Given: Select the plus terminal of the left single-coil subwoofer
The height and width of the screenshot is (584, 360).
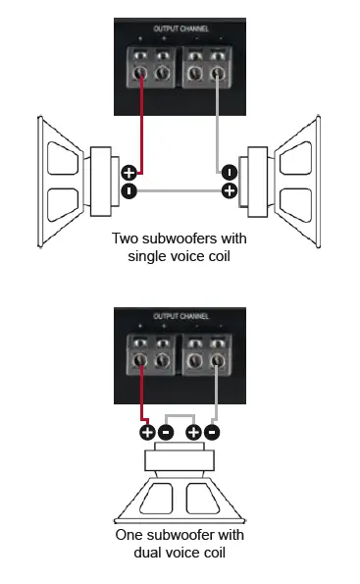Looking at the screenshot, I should point(129,173).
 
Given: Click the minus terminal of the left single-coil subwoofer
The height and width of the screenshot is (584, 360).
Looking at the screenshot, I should point(129,189).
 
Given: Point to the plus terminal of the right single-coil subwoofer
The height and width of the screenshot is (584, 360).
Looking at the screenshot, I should point(229,189).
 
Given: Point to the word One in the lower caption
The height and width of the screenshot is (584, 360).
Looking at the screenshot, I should point(129,535).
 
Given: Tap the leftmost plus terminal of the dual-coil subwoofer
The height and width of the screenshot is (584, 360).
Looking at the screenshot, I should point(147,431).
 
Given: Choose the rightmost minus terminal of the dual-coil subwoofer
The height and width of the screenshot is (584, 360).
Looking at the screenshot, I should point(213,431).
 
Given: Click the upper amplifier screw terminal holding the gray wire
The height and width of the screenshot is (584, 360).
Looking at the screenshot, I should point(214,73).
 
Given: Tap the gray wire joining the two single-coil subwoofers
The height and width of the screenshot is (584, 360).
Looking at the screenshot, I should point(179,190).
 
